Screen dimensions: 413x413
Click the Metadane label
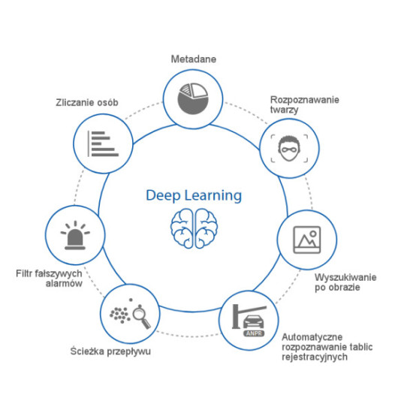tap(194, 59)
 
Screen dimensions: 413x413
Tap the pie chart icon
tap(193, 99)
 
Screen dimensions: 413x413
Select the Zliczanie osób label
tap(87, 102)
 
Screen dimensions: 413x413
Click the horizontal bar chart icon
tap(103, 144)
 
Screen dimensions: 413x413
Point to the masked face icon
tap(289, 149)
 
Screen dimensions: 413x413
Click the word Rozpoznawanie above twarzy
tap(305, 100)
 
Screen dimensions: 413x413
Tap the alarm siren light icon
tap(75, 235)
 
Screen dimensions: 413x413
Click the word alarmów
tap(64, 283)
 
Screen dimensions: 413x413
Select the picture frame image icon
tap(307, 240)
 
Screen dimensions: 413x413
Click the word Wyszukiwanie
tap(345, 277)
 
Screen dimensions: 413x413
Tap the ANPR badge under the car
tap(254, 333)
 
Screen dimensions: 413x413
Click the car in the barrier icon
tap(253, 321)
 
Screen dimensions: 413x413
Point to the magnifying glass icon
tap(141, 317)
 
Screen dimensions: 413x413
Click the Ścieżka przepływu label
tap(110, 351)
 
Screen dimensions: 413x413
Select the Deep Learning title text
tap(194, 196)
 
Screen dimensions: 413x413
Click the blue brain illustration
tap(194, 228)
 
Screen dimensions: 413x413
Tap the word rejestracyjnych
tap(315, 357)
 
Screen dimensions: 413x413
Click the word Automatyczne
tap(312, 337)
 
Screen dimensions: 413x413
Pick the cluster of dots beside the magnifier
tap(120, 315)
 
